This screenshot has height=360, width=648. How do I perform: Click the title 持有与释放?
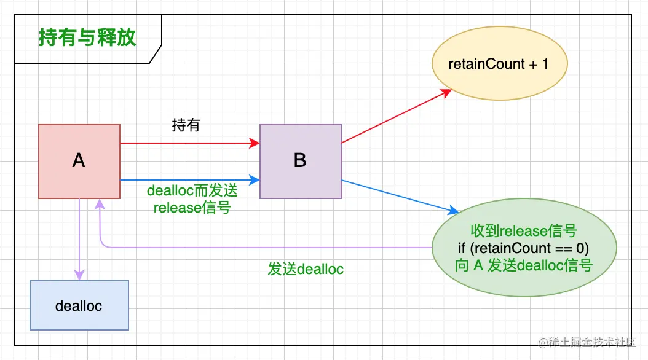(x=87, y=38)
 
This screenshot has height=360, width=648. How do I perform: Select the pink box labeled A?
(x=79, y=161)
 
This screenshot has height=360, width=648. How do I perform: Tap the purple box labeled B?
(x=300, y=161)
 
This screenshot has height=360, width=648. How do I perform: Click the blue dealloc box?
(x=79, y=305)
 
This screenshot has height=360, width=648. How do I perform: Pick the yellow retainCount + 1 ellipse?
(x=499, y=64)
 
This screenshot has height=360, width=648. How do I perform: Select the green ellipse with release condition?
(x=524, y=248)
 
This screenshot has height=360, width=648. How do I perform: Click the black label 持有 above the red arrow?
(x=186, y=126)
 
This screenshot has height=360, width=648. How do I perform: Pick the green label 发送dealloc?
(x=306, y=269)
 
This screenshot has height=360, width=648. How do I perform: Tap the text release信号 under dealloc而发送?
(x=192, y=208)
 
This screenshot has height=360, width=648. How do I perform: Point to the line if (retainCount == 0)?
(x=524, y=248)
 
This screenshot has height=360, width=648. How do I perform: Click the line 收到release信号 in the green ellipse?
(x=524, y=232)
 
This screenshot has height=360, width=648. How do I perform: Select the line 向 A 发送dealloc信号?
(x=524, y=265)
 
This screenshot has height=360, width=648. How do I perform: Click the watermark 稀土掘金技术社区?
(x=590, y=342)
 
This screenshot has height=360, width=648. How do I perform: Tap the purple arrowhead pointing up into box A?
(x=98, y=204)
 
